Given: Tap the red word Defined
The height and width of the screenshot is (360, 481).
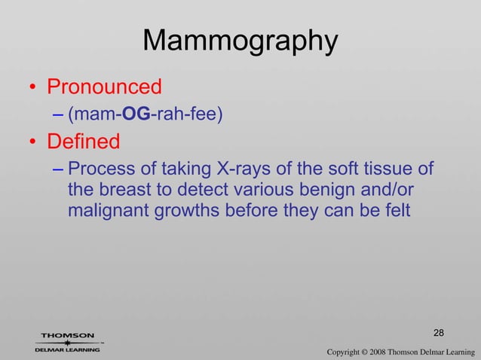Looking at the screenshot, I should (84, 141).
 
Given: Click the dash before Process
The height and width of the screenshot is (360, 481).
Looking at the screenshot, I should (58, 168).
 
